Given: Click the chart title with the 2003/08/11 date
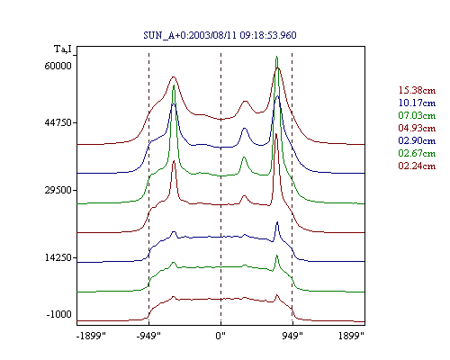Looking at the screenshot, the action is click(x=220, y=35).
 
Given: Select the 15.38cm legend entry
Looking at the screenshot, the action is click(x=417, y=90).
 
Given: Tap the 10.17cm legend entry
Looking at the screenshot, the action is click(x=417, y=103).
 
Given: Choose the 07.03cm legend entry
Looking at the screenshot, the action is click(x=417, y=115).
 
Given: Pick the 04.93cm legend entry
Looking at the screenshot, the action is click(x=417, y=128).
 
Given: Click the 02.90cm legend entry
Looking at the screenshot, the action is click(x=417, y=140).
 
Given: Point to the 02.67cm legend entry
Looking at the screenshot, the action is click(x=417, y=153).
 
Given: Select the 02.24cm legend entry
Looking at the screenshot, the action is click(x=417, y=166).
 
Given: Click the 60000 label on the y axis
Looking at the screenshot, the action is click(x=58, y=66).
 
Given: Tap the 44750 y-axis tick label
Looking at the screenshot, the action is click(x=58, y=122).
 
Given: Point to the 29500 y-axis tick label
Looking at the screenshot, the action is click(x=58, y=190).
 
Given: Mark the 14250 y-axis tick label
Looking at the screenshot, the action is click(x=58, y=257).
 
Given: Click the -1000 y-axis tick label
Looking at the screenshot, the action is click(x=59, y=314).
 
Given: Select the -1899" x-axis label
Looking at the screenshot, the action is click(x=91, y=336).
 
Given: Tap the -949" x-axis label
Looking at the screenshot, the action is click(x=148, y=336).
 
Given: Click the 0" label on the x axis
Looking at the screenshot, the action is click(x=220, y=336).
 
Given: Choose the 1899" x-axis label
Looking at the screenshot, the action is click(x=351, y=336).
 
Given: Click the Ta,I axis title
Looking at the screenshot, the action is click(x=63, y=49).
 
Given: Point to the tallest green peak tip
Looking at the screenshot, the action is click(x=276, y=57).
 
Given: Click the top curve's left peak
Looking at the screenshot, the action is click(x=173, y=77).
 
